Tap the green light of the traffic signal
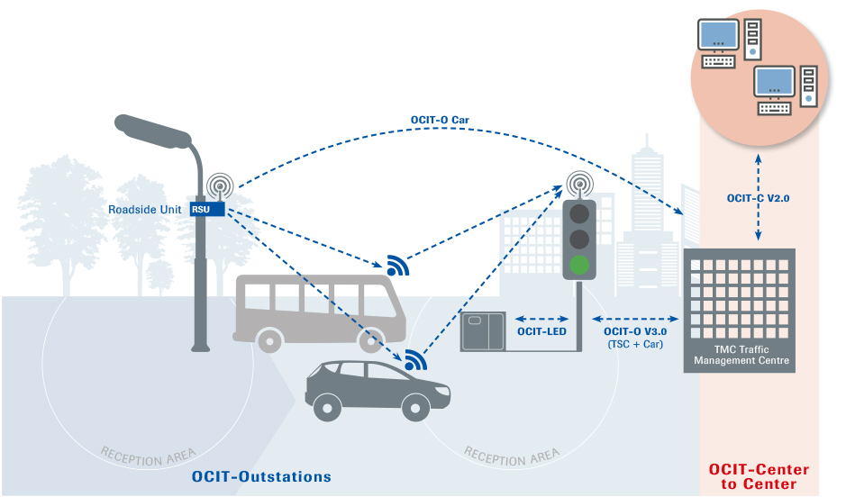[x=579, y=266]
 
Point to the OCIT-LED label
[x=541, y=331]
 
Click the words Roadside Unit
[x=147, y=210]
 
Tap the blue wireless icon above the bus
[x=397, y=264]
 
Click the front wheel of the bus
[x=371, y=340]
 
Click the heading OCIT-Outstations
[x=261, y=476]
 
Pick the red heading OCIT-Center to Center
[x=759, y=477]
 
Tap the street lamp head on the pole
[x=158, y=132]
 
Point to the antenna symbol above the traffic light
[x=579, y=185]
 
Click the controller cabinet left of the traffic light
[x=486, y=332]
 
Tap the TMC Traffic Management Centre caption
[x=741, y=355]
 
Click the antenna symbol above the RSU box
[x=219, y=185]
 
